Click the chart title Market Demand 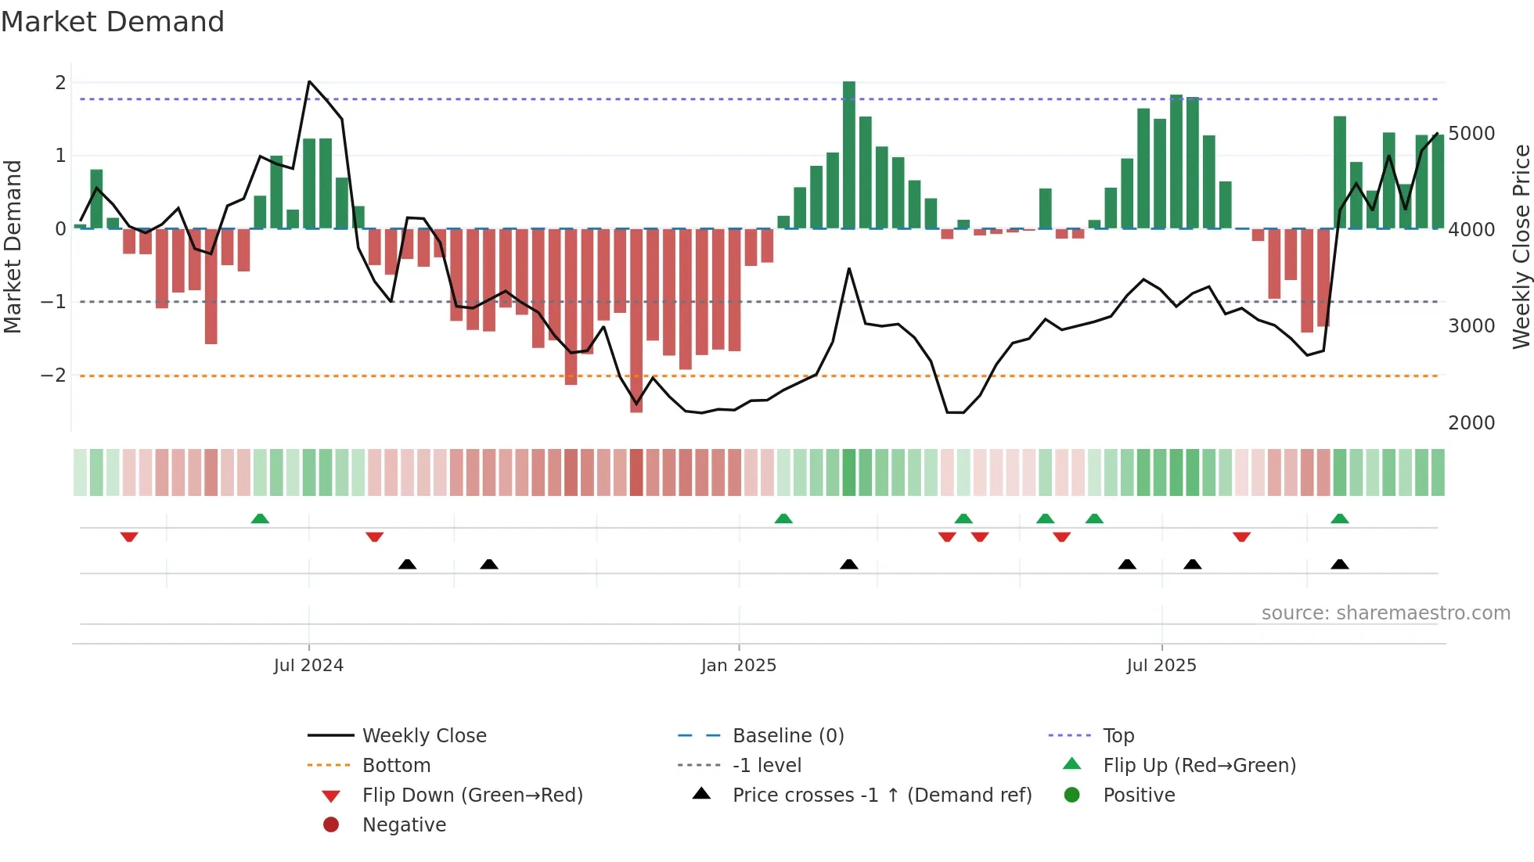click(x=113, y=22)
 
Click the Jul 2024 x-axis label click(x=308, y=666)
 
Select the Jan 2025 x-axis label click(x=738, y=666)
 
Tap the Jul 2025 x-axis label click(x=1161, y=666)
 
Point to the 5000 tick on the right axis click(x=1471, y=134)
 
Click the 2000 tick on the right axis click(x=1471, y=423)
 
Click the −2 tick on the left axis click(x=53, y=375)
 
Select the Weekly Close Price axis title click(x=1521, y=246)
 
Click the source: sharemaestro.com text click(x=1385, y=613)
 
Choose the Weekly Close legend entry click(x=423, y=736)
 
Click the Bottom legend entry click(x=396, y=766)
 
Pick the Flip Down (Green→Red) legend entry click(x=472, y=796)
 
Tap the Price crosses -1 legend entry click(x=881, y=796)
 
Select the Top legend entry click(x=1118, y=736)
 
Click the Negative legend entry click(x=404, y=825)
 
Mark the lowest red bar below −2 click(x=636, y=321)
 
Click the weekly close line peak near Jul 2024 click(x=310, y=81)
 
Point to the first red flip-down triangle click(x=129, y=537)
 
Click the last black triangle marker click(x=1340, y=564)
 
